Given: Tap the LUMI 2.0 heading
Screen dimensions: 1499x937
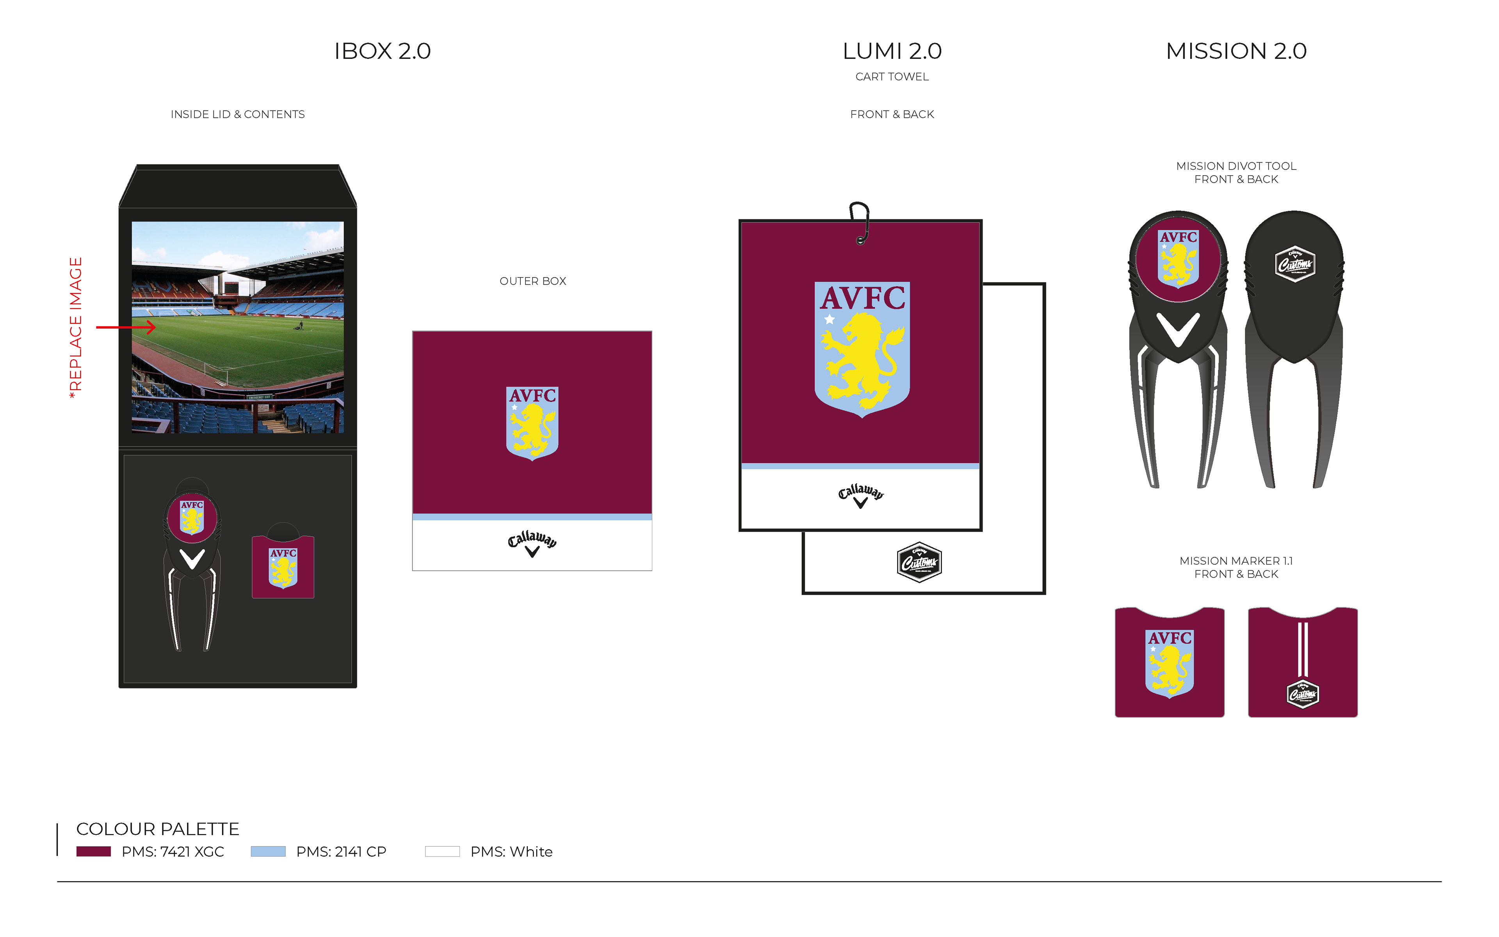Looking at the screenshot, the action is pyautogui.click(x=892, y=51).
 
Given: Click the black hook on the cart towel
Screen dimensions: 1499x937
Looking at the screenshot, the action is pyautogui.click(x=860, y=222).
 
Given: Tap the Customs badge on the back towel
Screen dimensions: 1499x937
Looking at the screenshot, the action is pyautogui.click(x=919, y=562).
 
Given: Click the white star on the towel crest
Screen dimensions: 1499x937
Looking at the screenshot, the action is pyautogui.click(x=830, y=320).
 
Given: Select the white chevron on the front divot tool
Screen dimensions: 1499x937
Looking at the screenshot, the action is pyautogui.click(x=1178, y=329).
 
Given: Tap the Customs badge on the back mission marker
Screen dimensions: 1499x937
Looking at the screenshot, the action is pyautogui.click(x=1303, y=694).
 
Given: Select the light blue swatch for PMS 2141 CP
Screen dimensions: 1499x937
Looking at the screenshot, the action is pyautogui.click(x=268, y=852).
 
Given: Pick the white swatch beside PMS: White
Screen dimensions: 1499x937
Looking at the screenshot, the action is pyautogui.click(x=442, y=852).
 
